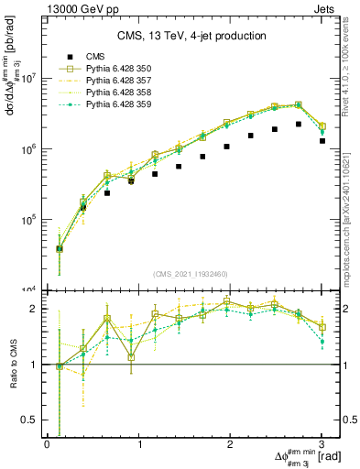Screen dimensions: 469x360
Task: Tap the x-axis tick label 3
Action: pos(322,444)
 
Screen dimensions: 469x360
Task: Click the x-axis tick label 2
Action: pos(230,444)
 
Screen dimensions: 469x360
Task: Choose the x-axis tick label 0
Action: pos(47,444)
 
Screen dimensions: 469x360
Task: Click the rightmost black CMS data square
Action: pos(322,141)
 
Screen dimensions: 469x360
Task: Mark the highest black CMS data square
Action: pos(299,124)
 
